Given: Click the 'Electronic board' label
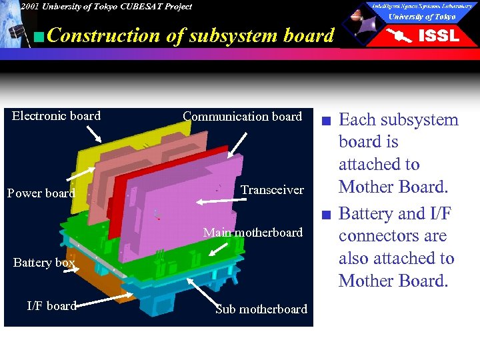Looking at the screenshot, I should (x=57, y=116).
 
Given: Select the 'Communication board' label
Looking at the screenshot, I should (x=242, y=117).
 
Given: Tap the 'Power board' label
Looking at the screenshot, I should (x=41, y=193).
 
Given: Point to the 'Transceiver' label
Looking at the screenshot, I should (x=272, y=190).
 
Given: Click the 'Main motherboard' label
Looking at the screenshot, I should (x=253, y=233).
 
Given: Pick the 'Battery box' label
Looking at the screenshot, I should (x=44, y=263).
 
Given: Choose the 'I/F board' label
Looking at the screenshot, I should (x=51, y=306).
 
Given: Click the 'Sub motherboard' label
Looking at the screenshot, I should (x=261, y=309).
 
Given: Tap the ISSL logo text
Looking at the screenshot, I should (x=438, y=36).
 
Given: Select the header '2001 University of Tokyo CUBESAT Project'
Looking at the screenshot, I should (x=105, y=7).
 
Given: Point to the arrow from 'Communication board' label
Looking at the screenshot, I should (x=237, y=145).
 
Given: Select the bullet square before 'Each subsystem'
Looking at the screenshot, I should (x=324, y=121).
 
